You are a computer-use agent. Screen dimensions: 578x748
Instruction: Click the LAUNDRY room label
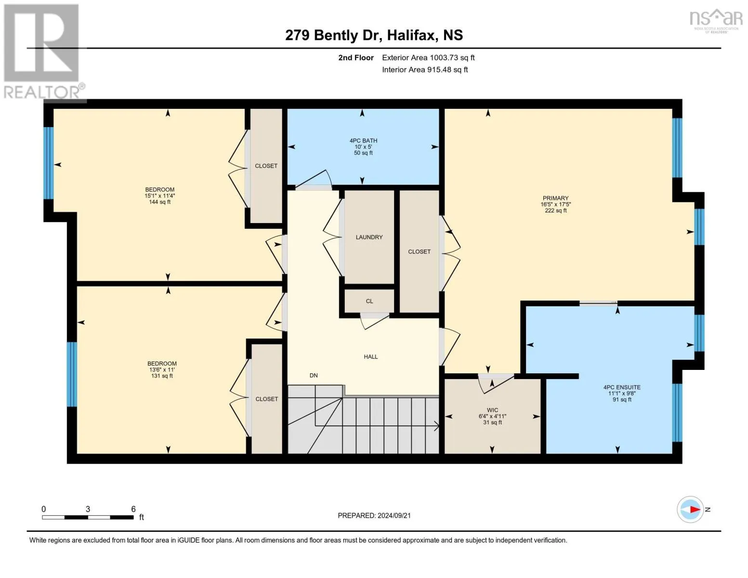[369, 237]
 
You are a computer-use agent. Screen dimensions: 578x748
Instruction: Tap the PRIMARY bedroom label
[555, 198]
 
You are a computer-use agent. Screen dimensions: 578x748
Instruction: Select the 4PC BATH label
[363, 141]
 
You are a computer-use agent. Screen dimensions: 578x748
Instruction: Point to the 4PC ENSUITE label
[622, 387]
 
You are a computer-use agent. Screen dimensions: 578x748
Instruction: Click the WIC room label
[492, 410]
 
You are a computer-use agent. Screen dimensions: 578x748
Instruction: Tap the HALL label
[370, 357]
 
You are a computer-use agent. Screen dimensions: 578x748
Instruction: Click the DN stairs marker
[314, 375]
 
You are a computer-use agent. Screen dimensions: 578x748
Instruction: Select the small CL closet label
[369, 301]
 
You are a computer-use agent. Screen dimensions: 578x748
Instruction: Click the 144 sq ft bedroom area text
[159, 202]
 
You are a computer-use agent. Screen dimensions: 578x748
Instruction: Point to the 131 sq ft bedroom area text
[162, 376]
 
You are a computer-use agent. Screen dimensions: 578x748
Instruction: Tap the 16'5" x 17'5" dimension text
[555, 204]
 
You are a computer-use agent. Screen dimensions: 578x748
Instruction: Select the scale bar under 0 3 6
[88, 517]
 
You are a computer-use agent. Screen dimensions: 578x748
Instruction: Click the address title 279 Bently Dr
[374, 35]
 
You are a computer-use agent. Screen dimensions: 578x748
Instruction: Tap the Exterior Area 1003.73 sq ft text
[428, 57]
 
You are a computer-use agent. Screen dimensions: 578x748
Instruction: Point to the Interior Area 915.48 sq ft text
[425, 69]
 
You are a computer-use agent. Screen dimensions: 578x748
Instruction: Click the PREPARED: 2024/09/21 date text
[374, 515]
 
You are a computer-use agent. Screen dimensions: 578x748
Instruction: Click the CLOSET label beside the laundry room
[419, 251]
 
